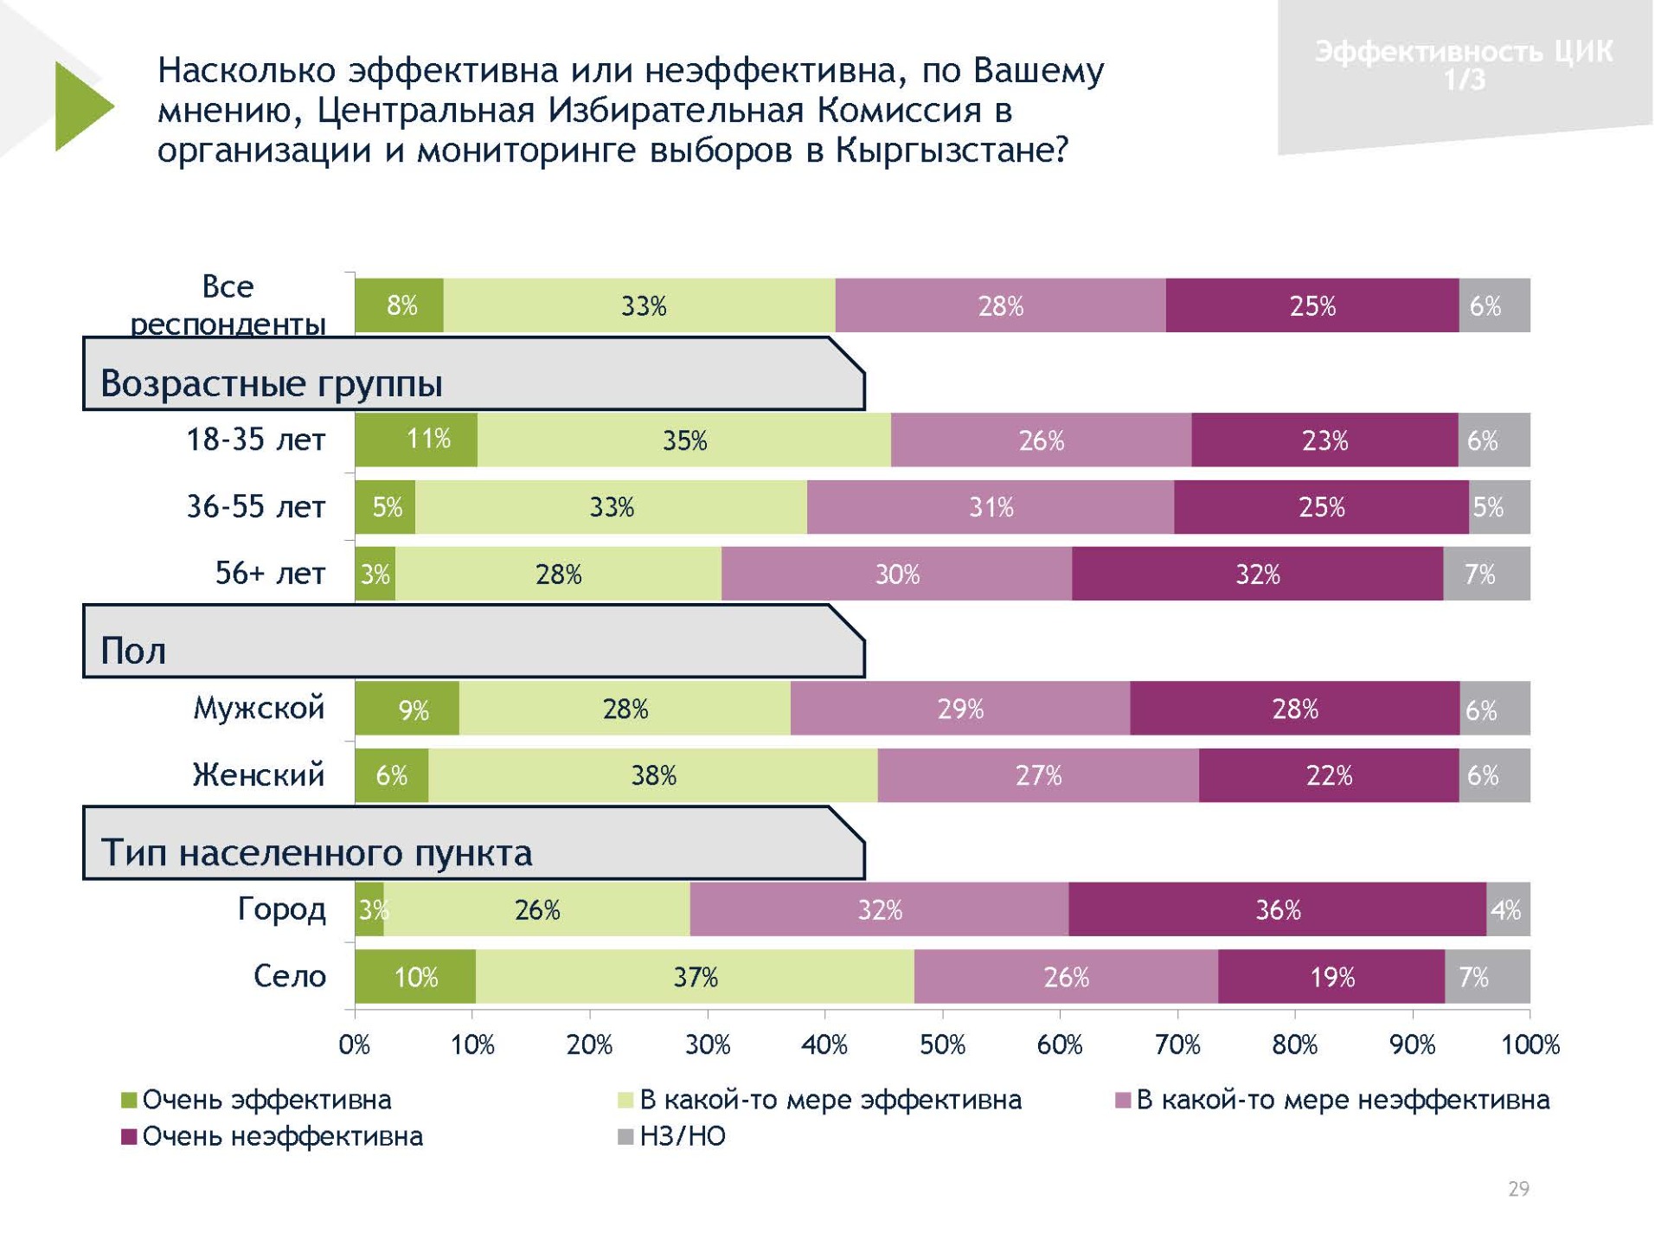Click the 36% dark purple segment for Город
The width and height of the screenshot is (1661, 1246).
(x=1277, y=909)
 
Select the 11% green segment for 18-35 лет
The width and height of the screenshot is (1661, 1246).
(x=416, y=440)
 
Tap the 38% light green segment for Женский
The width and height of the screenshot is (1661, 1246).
(x=652, y=774)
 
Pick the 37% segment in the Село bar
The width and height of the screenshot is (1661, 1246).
(x=695, y=977)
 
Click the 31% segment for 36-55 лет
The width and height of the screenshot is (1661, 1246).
(x=991, y=507)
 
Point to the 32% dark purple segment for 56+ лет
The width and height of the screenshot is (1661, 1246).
(x=1257, y=574)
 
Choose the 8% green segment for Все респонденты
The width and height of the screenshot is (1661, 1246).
(x=400, y=305)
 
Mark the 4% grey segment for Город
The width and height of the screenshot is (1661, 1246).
(x=1508, y=909)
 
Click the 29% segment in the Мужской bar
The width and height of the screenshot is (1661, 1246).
(x=960, y=709)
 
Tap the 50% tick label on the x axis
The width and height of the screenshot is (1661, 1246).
(x=942, y=1045)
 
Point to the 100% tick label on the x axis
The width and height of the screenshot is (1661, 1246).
(x=1530, y=1045)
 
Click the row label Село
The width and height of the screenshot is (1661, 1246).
(x=289, y=976)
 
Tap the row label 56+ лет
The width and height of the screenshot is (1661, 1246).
(x=270, y=573)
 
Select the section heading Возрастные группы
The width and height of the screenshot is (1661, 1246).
(x=272, y=383)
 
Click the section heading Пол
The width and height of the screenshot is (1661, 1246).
(x=133, y=651)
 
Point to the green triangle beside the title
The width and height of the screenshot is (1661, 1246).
(x=80, y=106)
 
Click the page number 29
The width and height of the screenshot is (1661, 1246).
(x=1518, y=1189)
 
